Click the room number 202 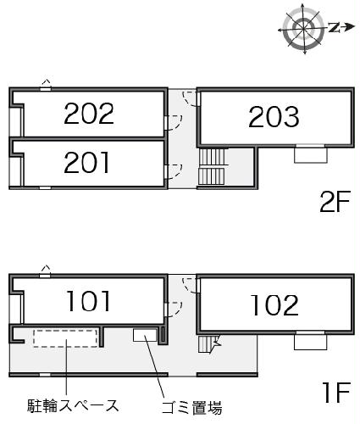click(89, 114)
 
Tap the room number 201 click(86, 162)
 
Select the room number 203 click(274, 117)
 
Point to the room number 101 click(88, 301)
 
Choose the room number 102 click(274, 305)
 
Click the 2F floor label click(335, 202)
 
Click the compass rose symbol click(304, 28)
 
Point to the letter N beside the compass click(334, 27)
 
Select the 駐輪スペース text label click(73, 406)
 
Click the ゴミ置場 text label click(191, 408)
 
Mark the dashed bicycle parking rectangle click(65, 338)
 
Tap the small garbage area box click(145, 335)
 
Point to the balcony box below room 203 click(311, 154)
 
